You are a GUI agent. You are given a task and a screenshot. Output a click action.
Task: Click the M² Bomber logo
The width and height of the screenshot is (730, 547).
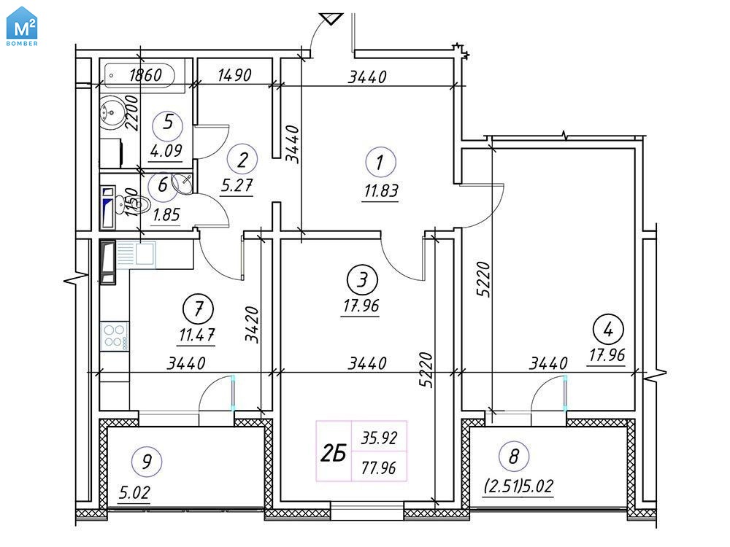coord(22,26)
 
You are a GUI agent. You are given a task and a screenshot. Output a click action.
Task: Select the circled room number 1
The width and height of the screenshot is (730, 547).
coord(380,163)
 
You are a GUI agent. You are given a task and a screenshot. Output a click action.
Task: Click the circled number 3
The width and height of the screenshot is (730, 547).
coord(362,279)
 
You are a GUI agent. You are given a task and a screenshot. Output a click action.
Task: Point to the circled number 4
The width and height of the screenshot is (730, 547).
coord(608,330)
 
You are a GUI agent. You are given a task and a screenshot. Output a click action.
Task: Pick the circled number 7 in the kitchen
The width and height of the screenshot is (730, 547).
coord(199,309)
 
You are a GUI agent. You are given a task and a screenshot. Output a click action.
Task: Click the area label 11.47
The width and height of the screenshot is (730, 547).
coord(197,335)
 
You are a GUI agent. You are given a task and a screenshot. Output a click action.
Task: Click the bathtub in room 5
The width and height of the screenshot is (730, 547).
coord(139,75)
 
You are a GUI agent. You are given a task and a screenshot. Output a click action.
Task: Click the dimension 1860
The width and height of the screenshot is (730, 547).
coord(145,75)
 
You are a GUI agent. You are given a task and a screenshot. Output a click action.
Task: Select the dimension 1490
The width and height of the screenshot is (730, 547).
coord(234,75)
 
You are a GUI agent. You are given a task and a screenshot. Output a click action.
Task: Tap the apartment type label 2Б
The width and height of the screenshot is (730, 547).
coord(334,453)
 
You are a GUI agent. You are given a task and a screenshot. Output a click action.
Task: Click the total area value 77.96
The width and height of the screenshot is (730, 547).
coord(379,468)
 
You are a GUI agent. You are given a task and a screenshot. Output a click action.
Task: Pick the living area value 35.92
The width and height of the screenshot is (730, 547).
coord(379,438)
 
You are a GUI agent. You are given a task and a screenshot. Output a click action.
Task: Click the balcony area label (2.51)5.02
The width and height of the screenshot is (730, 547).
coord(518,486)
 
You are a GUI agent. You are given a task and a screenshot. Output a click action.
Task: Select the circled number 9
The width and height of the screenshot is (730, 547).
coord(147,462)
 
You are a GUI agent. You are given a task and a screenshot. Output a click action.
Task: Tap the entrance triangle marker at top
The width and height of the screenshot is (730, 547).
coord(331,19)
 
